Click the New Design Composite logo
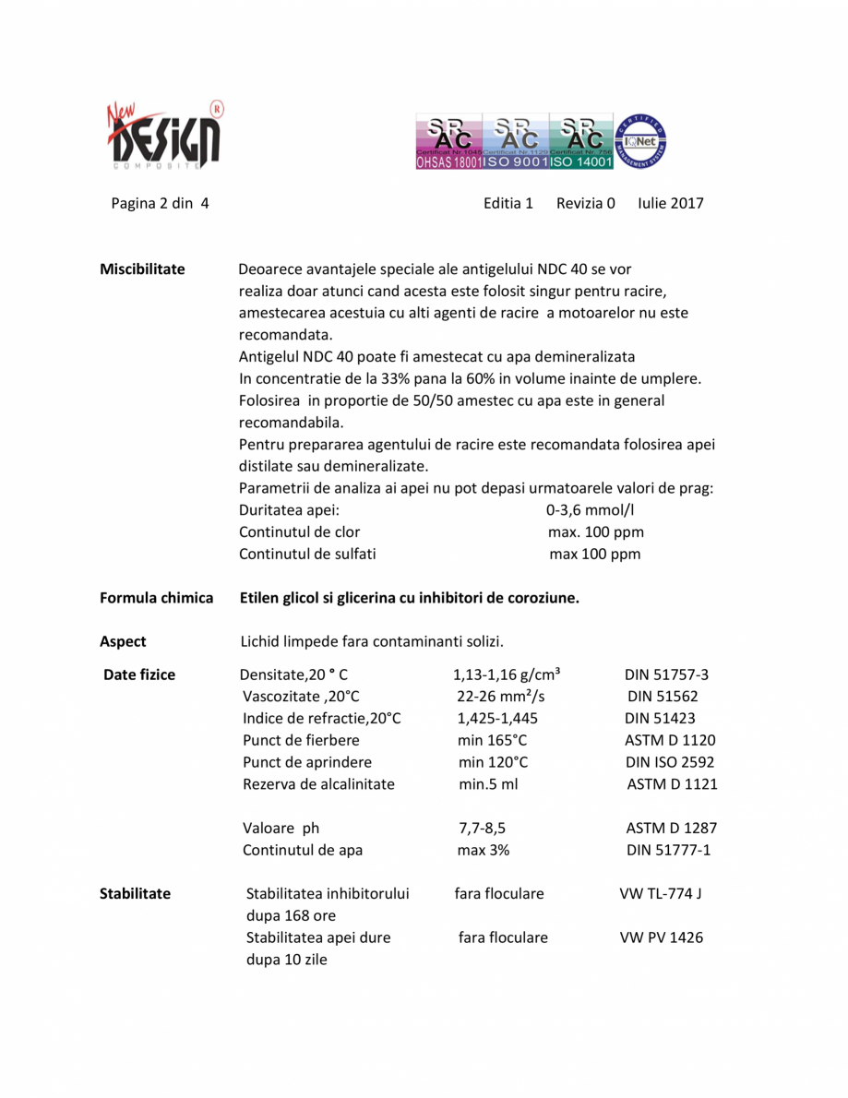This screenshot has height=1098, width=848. pos(164,135)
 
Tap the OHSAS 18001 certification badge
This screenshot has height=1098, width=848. pos(449,142)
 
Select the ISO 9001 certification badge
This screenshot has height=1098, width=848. pos(516,142)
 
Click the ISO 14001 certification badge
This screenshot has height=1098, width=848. pos(581,142)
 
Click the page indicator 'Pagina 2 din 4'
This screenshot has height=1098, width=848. pos(160,203)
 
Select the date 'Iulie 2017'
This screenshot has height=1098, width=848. pos(670,203)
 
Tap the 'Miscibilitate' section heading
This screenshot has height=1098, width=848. pos(142,269)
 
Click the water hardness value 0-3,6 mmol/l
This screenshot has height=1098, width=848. pos(591,510)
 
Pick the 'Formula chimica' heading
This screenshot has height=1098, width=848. pos(156,598)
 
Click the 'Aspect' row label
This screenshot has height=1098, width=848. pos(123,641)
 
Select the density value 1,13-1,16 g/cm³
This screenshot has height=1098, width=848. pos(507,674)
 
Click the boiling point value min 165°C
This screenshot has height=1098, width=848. pos(492,740)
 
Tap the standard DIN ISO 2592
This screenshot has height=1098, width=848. pos(669,762)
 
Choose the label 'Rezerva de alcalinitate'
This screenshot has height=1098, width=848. pos(318,784)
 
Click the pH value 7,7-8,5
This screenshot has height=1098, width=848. pos(481,828)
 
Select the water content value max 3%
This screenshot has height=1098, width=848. pos(483,850)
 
